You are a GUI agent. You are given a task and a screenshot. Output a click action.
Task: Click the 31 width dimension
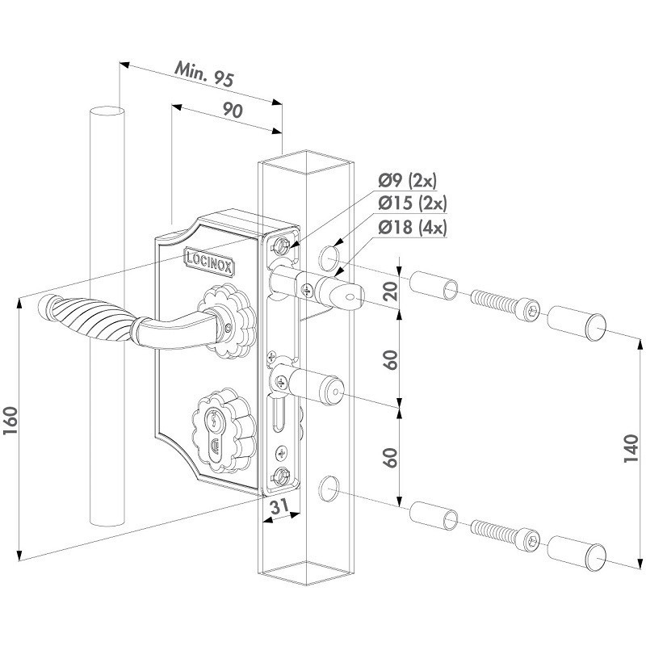pos(279,507)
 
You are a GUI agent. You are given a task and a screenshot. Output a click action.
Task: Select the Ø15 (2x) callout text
pos(417,203)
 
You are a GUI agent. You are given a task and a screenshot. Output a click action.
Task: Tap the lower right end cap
pos(577,552)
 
